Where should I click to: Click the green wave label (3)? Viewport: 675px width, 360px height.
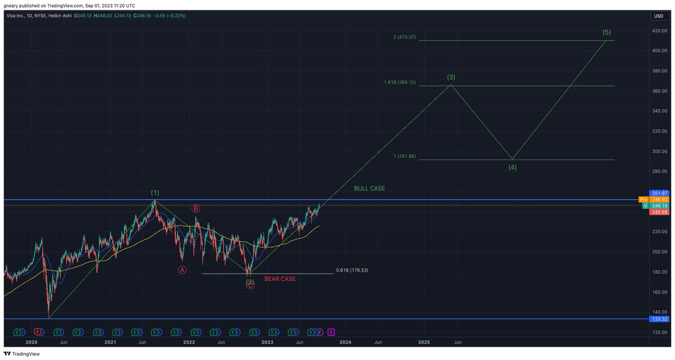(x=451, y=76)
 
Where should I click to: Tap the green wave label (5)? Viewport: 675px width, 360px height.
(x=607, y=32)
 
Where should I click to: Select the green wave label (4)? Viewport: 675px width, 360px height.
(x=512, y=167)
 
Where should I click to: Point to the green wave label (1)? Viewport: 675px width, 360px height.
(x=155, y=193)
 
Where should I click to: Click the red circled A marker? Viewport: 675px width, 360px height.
(x=182, y=269)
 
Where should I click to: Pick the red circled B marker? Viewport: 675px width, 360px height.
(x=196, y=208)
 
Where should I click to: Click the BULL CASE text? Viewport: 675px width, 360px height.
(x=370, y=188)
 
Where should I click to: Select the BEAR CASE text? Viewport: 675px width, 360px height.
(x=280, y=279)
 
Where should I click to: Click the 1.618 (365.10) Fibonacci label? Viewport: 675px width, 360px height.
(x=400, y=82)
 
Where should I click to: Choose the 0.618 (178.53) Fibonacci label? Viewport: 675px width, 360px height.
(x=352, y=270)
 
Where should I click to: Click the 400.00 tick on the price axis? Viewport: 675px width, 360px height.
(x=659, y=51)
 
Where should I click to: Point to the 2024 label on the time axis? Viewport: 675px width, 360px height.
(x=345, y=342)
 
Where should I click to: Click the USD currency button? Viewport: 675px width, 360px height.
(x=658, y=16)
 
